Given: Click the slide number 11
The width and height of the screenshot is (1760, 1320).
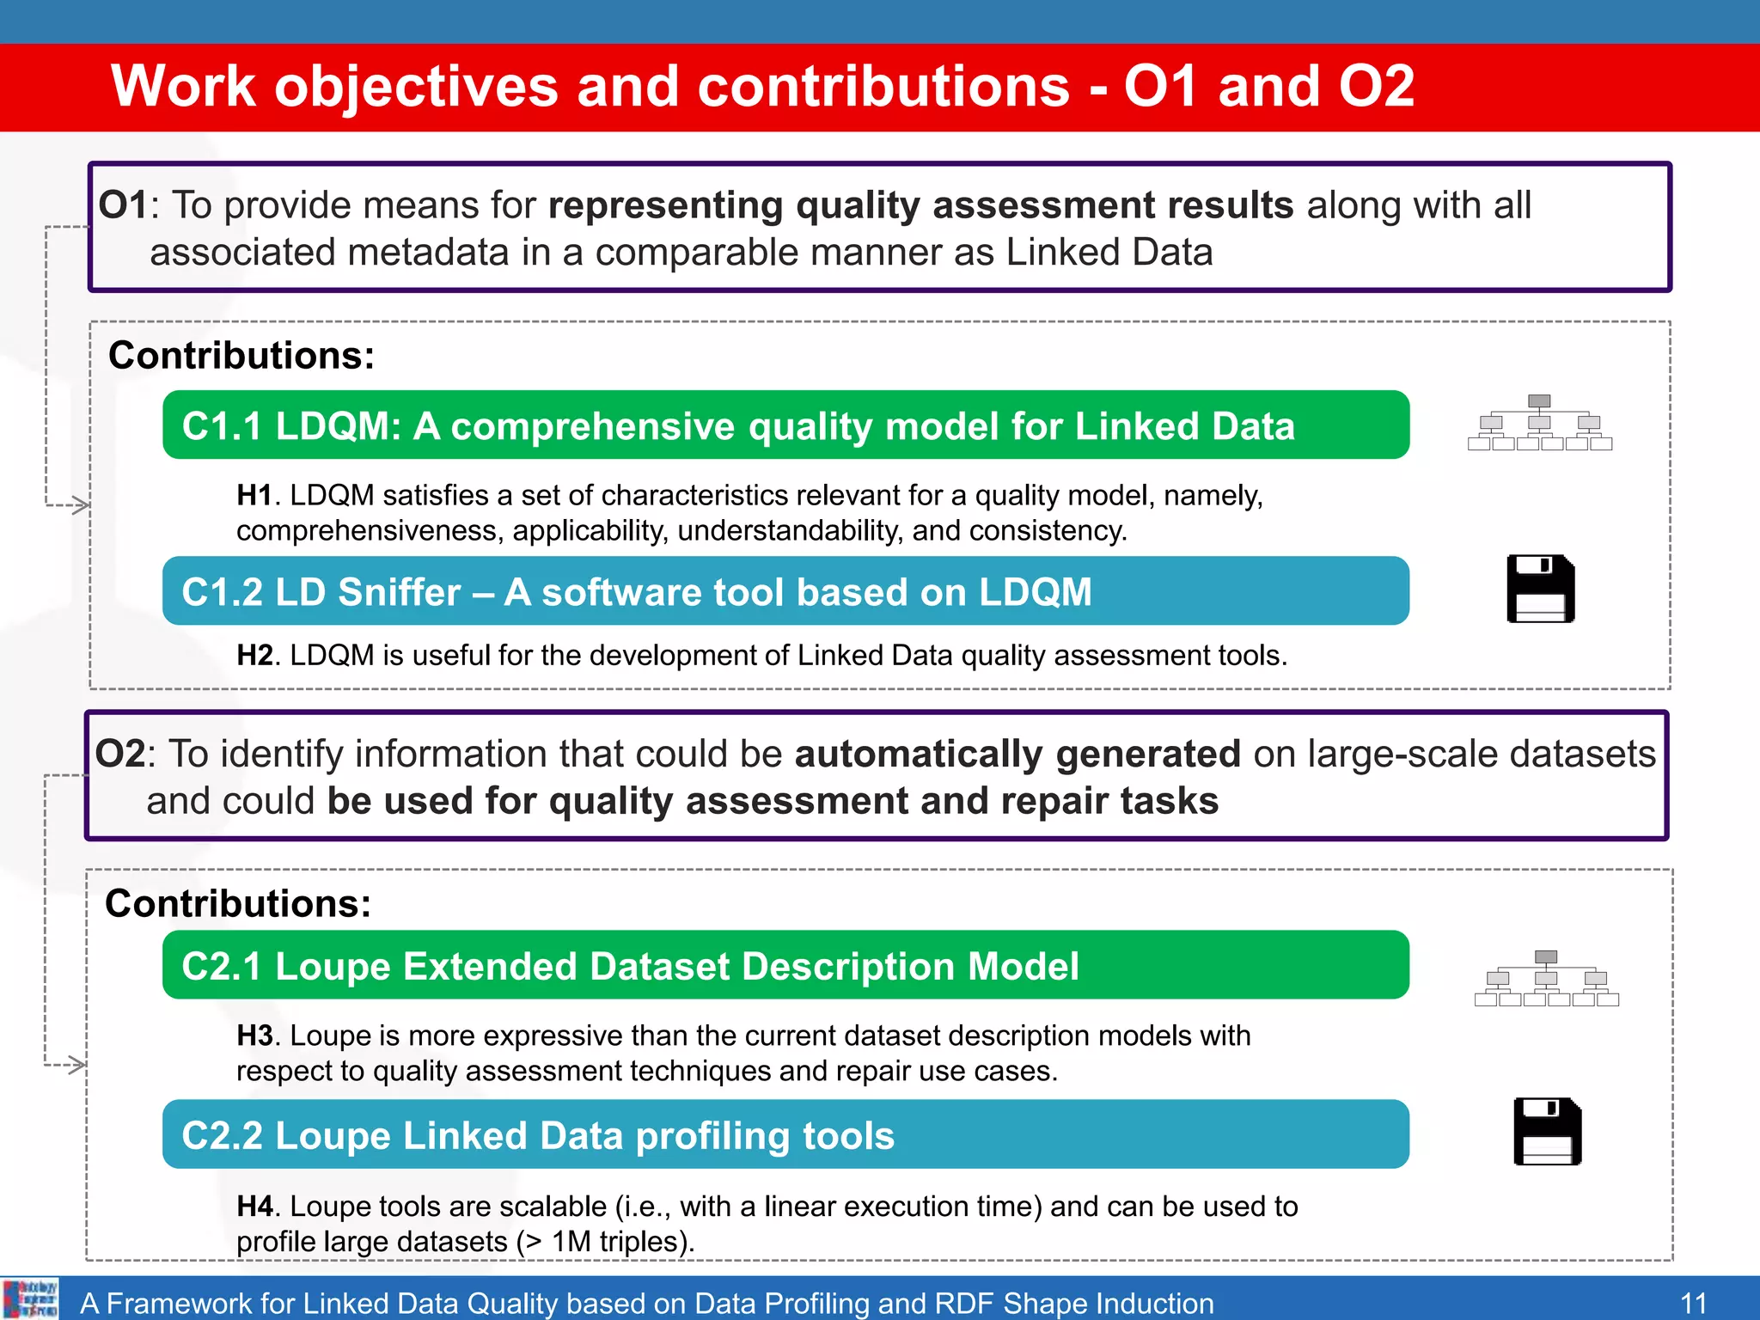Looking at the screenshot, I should (x=1692, y=1303).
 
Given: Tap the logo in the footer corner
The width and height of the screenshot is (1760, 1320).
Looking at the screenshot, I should (x=31, y=1299).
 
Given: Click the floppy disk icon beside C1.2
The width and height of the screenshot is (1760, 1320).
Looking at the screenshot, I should (x=1540, y=589).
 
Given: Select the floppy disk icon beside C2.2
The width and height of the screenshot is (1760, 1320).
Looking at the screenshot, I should (x=1547, y=1132).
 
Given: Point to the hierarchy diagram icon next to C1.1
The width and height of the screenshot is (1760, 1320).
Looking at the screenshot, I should (x=1539, y=423).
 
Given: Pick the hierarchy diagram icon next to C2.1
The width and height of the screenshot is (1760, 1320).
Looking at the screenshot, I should (x=1546, y=979).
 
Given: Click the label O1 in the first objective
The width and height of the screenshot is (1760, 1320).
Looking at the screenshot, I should (x=123, y=205).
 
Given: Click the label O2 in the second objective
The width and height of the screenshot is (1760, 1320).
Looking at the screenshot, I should (x=120, y=754).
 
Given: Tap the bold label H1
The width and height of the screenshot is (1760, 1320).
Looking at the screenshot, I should (x=254, y=496).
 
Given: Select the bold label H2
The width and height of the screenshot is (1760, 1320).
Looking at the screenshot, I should (x=254, y=656).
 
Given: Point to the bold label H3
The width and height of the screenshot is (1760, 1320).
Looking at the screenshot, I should (x=254, y=1036).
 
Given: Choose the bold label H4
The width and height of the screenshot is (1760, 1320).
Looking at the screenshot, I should (x=254, y=1207).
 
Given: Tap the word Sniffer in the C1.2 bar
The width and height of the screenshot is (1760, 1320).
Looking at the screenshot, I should (x=400, y=592).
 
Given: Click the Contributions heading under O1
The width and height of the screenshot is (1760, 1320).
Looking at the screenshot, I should (x=241, y=356).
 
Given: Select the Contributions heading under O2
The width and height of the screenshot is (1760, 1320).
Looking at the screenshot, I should (x=238, y=904).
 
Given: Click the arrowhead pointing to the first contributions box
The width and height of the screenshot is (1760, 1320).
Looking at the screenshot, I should (x=81, y=505).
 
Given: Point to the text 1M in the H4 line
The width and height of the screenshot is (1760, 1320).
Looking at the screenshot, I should (x=571, y=1242).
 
